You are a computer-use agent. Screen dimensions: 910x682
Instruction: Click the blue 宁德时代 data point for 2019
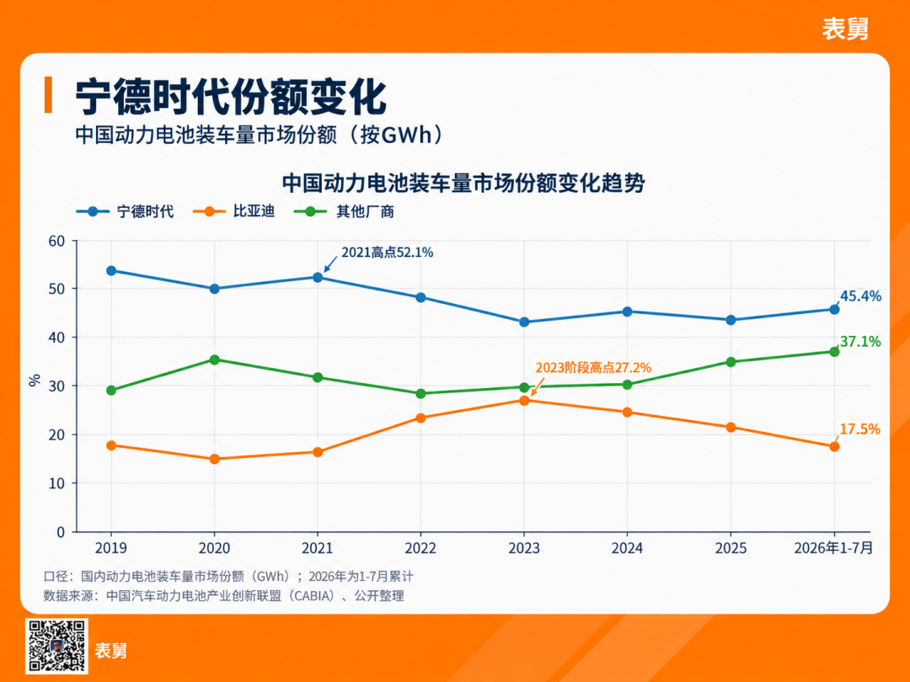tap(111, 271)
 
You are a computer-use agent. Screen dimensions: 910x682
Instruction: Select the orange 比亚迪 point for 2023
tap(524, 400)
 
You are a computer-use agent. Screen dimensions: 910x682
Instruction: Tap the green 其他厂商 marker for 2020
tap(215, 360)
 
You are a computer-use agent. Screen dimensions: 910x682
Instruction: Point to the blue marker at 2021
tap(318, 277)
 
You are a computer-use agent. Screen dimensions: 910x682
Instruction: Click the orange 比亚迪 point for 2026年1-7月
tap(834, 446)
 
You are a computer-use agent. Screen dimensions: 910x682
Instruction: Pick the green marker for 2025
tap(731, 362)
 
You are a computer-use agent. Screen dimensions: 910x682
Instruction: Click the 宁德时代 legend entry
tap(125, 211)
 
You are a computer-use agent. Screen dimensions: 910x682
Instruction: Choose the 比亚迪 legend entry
tap(234, 211)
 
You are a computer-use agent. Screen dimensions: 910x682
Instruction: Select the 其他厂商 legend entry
tap(344, 211)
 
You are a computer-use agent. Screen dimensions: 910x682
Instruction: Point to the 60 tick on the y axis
tap(56, 242)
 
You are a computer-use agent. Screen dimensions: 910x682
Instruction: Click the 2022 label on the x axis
tap(420, 548)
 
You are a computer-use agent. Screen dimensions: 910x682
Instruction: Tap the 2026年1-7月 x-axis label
tap(833, 548)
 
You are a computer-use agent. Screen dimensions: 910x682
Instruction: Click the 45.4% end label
tap(860, 296)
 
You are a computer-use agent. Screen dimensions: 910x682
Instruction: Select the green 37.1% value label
tap(860, 342)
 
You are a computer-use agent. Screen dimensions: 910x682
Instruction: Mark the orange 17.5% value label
tap(860, 429)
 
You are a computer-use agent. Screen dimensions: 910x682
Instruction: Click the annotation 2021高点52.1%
tap(387, 253)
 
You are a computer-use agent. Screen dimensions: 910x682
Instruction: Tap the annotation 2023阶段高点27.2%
tap(593, 368)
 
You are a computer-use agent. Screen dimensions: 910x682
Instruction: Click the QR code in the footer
tap(56, 646)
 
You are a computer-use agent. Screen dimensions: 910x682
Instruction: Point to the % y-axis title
tap(35, 381)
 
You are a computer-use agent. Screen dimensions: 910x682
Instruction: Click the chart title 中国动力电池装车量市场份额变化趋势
tap(463, 184)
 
